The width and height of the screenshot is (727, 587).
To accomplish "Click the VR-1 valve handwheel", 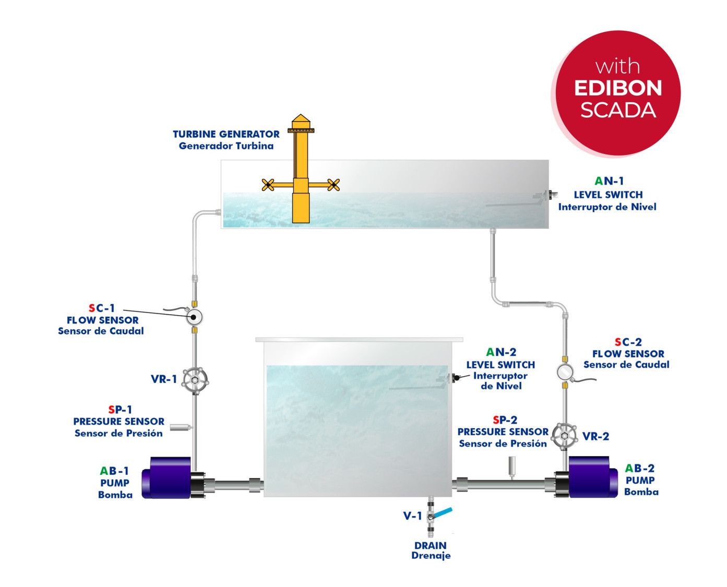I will coord(195,380).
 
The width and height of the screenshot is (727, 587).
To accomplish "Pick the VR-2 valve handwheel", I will coord(564,436).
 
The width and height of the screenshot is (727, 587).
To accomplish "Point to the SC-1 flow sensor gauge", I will coord(194,317).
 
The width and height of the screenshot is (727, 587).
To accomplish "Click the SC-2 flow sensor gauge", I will coord(565,372).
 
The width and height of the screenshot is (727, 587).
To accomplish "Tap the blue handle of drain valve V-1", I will coord(443,513).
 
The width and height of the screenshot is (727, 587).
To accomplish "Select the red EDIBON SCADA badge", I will coord(618,93).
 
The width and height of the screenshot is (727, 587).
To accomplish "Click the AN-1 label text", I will coord(609,181).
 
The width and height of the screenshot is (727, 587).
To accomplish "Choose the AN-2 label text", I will coord(500,352).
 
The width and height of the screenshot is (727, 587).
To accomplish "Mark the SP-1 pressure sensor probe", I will coord(181,427).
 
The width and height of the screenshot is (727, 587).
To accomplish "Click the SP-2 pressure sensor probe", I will coord(512,466).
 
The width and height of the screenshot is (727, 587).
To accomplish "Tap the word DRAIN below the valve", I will coord(430,545).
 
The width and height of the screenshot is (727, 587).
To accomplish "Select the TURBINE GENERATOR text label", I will coord(226,134).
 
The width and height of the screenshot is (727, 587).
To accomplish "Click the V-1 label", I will coord(412,516).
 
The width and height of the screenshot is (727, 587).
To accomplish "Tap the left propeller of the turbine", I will coord(268,184).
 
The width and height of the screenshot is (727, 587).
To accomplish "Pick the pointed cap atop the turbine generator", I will coord(301,119).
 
